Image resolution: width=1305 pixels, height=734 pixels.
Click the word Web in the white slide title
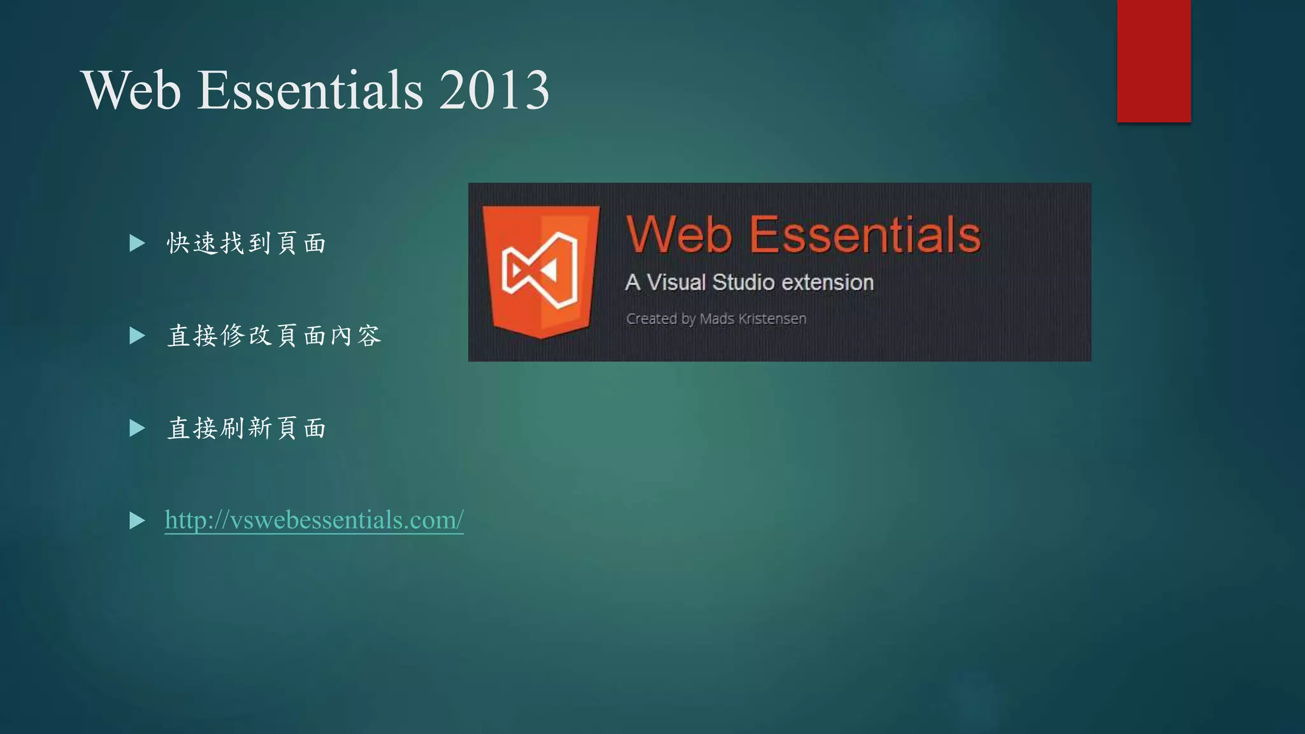(131, 90)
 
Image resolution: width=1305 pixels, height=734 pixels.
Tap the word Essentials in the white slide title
(310, 90)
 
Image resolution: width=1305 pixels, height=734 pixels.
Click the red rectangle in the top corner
(1153, 61)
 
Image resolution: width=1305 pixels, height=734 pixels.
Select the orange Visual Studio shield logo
(540, 271)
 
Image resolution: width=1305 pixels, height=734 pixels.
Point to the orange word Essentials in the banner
(865, 234)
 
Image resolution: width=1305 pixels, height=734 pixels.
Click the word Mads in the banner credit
(717, 319)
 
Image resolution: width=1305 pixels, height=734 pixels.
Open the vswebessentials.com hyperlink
(314, 520)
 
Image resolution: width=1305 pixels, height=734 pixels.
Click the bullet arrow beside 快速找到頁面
(137, 243)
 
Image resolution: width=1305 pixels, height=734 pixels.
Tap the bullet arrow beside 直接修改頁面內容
(137, 336)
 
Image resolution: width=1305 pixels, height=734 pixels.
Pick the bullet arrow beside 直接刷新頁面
(137, 428)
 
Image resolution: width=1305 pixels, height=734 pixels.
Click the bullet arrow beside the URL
(137, 521)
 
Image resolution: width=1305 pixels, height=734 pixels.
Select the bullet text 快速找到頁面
(247, 243)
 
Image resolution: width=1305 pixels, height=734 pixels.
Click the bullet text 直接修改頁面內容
(274, 336)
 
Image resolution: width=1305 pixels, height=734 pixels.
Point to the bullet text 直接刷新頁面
(247, 428)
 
